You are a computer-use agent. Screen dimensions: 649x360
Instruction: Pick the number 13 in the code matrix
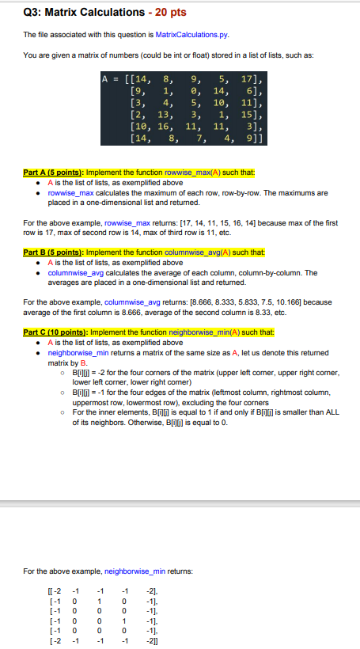pyautogui.click(x=165, y=115)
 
